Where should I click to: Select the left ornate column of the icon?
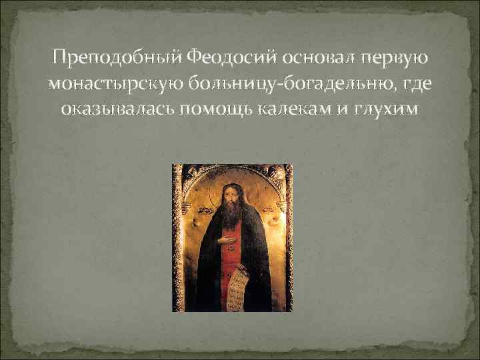[x=177, y=240]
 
